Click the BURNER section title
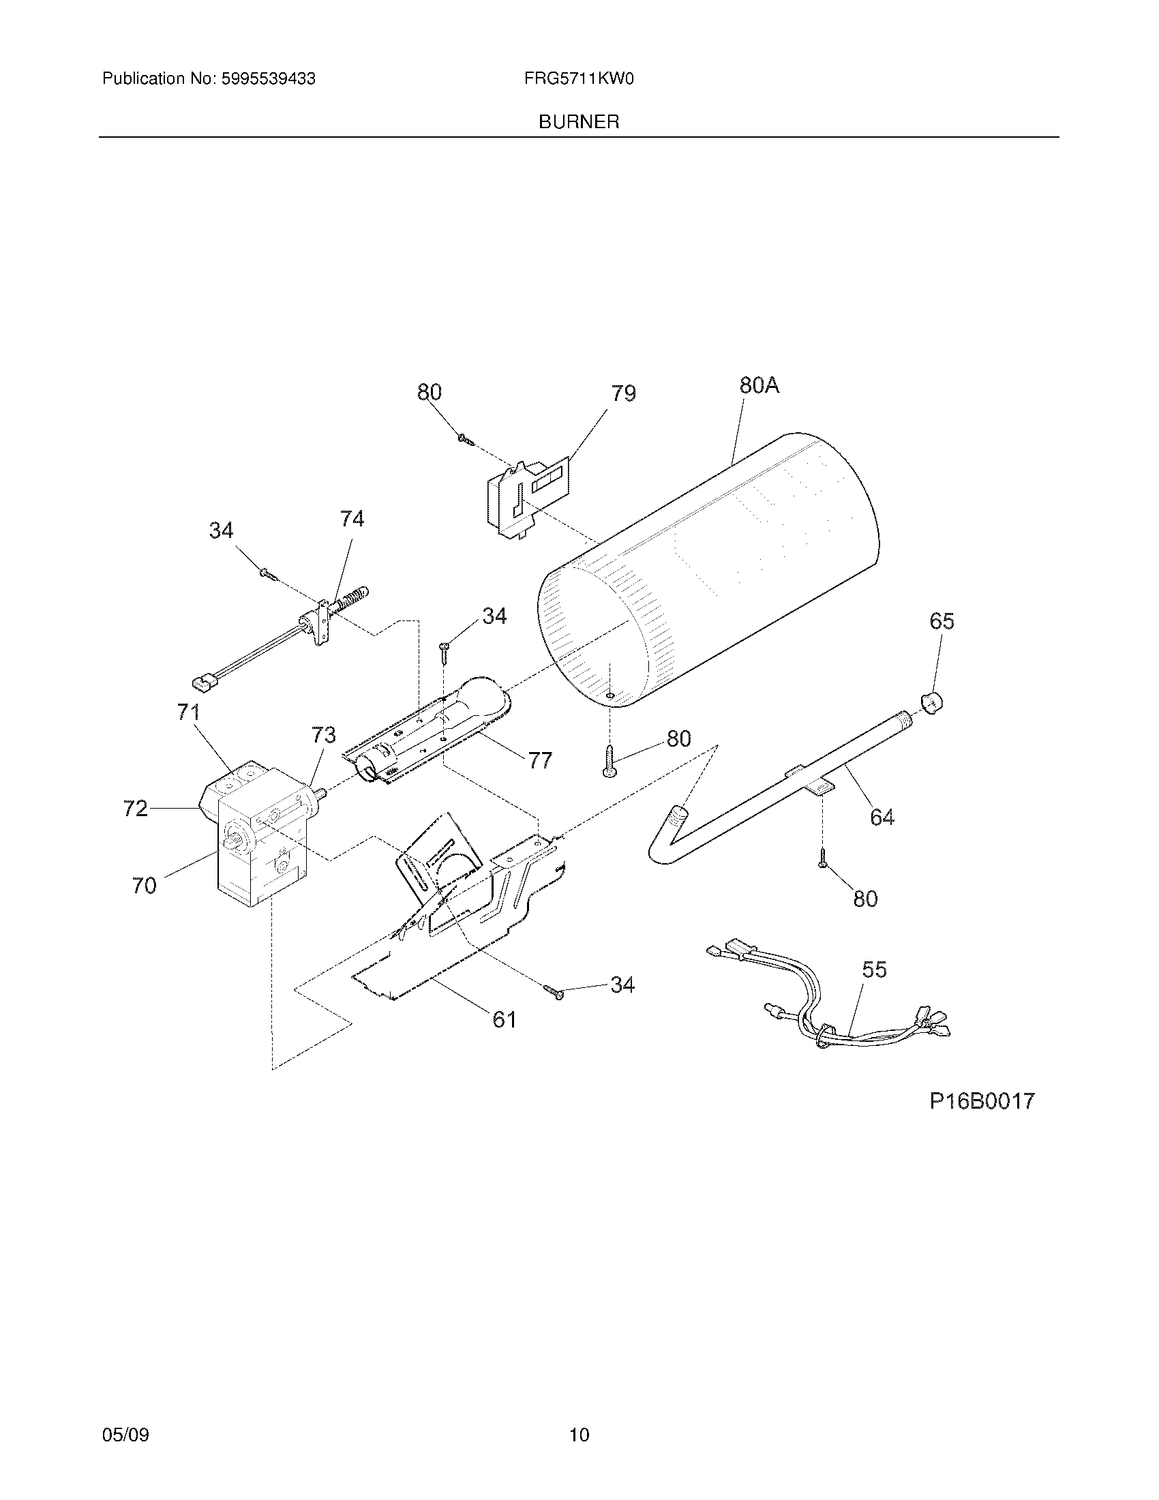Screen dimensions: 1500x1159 578,122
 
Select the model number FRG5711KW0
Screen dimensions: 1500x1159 578,79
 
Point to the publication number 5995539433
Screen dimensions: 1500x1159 268,79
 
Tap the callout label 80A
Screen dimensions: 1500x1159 759,385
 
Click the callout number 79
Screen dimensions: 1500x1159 623,393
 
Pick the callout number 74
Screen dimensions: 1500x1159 352,519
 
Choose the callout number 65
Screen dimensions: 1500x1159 942,621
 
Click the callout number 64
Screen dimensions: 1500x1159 882,817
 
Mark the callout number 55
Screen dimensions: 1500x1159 874,969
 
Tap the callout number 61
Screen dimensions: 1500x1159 505,1019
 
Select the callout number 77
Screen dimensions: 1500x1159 540,760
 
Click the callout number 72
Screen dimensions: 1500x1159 135,809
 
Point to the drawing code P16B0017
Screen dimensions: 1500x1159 981,1101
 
